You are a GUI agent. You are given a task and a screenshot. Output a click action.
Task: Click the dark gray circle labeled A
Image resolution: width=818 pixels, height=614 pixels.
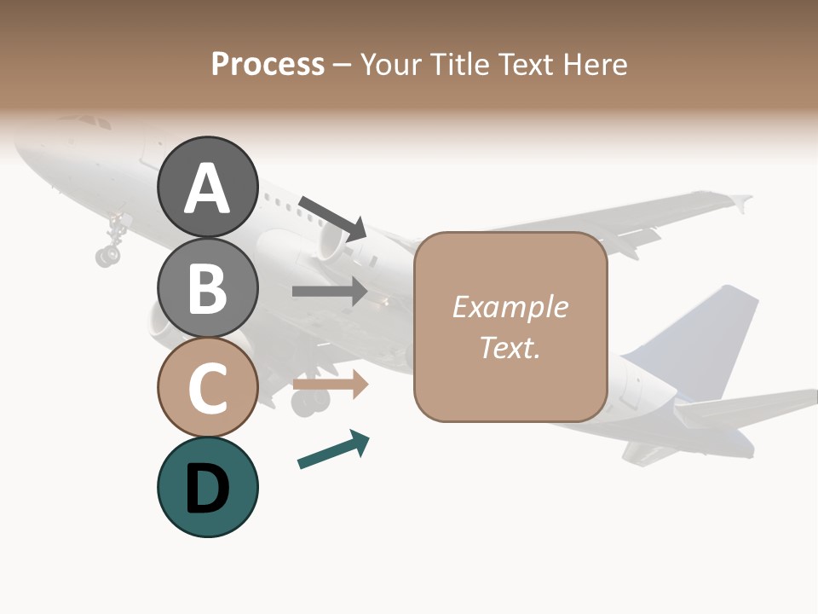pyautogui.click(x=208, y=187)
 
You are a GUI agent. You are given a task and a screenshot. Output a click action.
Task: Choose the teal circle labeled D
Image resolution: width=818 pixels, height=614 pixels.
pyautogui.click(x=208, y=487)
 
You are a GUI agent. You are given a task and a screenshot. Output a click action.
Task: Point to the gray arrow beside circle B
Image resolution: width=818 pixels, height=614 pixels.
pyautogui.click(x=330, y=291)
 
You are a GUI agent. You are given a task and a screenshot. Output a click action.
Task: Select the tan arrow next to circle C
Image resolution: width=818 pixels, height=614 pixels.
pyautogui.click(x=330, y=385)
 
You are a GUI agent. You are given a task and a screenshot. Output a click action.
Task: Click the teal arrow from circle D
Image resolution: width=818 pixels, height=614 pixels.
pyautogui.click(x=333, y=450)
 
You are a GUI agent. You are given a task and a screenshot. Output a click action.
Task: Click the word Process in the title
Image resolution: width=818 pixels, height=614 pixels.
pyautogui.click(x=268, y=64)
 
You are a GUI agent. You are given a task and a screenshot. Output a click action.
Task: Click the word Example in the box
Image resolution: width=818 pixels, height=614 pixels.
pyautogui.click(x=510, y=307)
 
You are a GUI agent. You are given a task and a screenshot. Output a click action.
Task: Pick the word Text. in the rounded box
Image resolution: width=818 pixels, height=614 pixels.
pyautogui.click(x=510, y=347)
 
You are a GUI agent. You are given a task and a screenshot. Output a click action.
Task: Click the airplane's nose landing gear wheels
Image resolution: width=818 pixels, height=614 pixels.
pyautogui.click(x=108, y=253)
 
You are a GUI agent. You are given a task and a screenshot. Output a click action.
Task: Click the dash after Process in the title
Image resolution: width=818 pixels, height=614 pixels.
pyautogui.click(x=343, y=66)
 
